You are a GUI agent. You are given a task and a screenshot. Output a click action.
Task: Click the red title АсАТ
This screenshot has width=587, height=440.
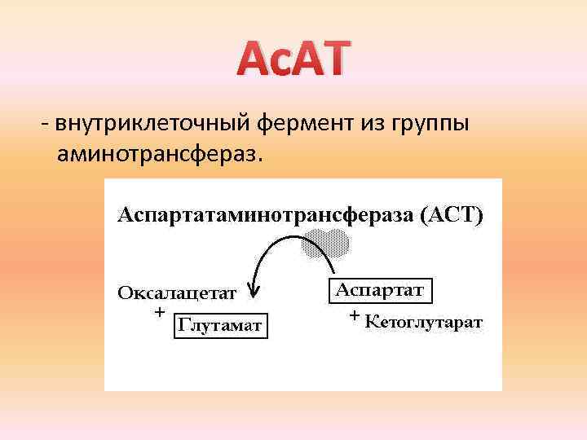tap(293, 60)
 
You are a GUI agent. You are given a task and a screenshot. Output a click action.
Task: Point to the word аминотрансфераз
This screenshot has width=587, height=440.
tap(159, 154)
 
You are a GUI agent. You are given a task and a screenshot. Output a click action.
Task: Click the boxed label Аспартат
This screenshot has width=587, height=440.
tap(380, 290)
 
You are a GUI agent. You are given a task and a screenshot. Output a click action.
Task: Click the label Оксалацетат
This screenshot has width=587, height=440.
tap(177, 293)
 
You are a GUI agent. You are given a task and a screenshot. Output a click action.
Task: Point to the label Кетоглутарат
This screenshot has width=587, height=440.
tap(424, 322)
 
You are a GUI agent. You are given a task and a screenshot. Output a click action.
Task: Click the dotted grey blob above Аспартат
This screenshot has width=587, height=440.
tap(326, 243)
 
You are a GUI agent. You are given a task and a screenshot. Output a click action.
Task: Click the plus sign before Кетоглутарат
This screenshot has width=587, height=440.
tap(354, 315)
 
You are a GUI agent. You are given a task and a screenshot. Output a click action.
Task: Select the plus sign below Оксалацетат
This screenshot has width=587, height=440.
tap(159, 311)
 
